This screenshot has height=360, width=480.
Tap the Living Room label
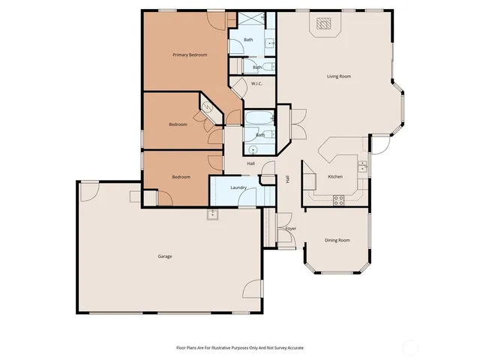[339, 76]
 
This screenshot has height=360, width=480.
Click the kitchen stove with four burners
[338, 199]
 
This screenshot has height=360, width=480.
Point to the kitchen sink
[362, 167]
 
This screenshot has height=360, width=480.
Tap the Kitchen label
[335, 176]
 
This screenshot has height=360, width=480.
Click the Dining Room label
[337, 240]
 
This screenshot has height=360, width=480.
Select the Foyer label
[290, 228]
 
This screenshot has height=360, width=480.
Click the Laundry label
[239, 187]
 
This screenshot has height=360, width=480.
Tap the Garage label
[165, 256]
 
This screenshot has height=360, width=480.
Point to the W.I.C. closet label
[256, 83]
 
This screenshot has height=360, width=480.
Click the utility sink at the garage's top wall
[213, 214]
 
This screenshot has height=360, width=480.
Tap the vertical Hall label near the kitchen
[287, 179]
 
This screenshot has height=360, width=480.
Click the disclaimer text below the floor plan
[240, 348]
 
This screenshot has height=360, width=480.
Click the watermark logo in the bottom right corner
[411, 346]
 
